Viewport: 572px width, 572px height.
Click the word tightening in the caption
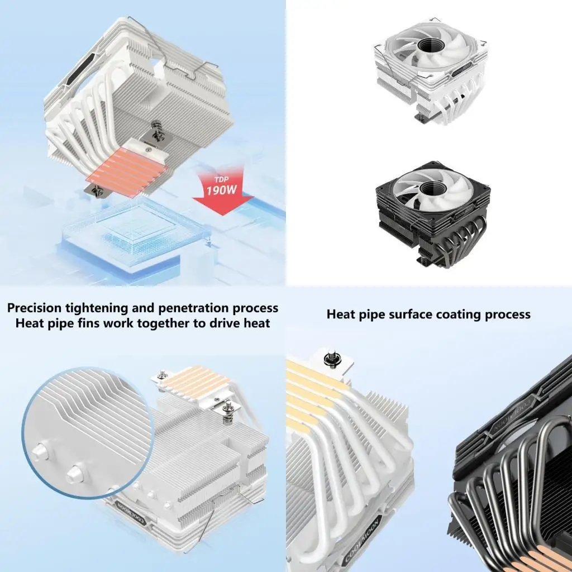(101, 308)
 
